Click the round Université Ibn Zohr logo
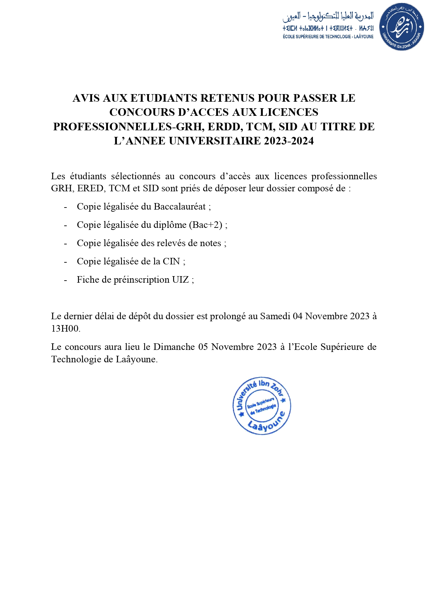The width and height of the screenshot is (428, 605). (401, 27)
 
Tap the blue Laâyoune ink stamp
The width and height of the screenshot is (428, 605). (262, 405)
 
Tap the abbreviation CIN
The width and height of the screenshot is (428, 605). (171, 261)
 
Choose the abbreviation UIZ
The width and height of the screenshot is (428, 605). (180, 280)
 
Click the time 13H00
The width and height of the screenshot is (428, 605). (66, 329)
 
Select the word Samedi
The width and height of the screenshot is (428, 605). (275, 316)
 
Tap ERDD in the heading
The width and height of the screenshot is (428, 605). (225, 127)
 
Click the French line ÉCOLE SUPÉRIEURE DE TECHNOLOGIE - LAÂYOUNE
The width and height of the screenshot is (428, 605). (328, 37)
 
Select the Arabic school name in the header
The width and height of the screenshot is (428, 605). (328, 16)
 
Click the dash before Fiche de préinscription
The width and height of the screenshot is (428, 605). (65, 280)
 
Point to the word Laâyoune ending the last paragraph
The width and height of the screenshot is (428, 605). (136, 359)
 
